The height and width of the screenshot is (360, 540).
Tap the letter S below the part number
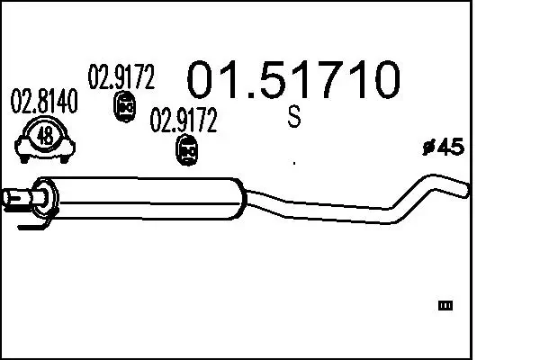coord(294,118)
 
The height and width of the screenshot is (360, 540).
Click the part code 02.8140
coord(42,103)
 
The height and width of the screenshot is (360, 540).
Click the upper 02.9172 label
coord(121,78)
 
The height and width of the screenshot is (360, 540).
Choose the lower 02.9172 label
coord(183,121)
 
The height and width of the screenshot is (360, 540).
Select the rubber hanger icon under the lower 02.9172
coord(186,151)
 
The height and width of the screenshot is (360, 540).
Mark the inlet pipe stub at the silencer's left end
coord(16,195)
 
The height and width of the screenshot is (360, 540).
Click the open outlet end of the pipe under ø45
coord(463,190)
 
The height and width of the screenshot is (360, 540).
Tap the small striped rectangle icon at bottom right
coord(445,307)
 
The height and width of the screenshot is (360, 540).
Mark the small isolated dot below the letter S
coord(294,163)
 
